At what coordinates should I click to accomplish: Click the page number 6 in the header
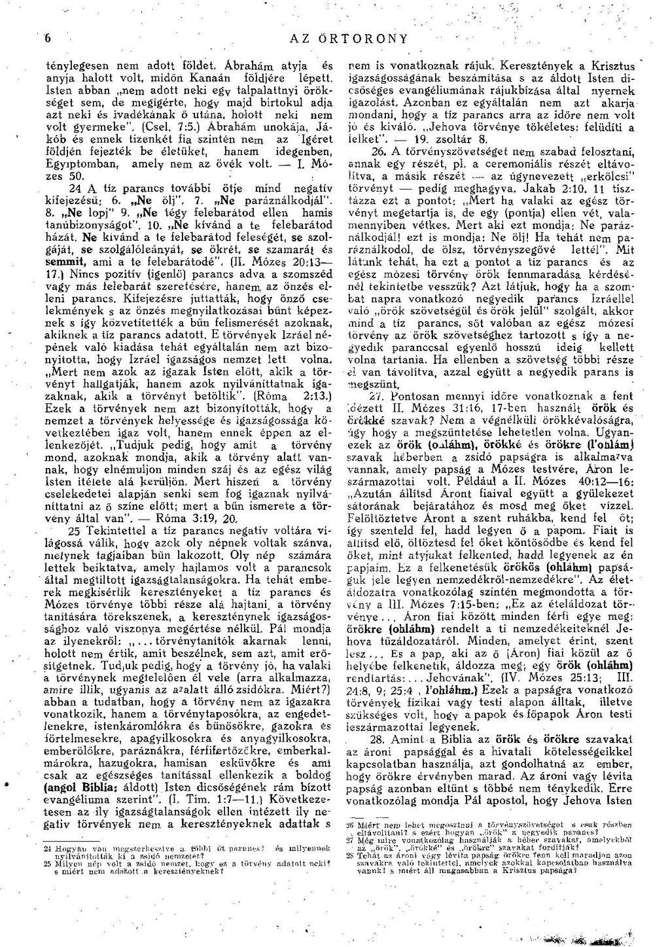pyautogui.click(x=47, y=39)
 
